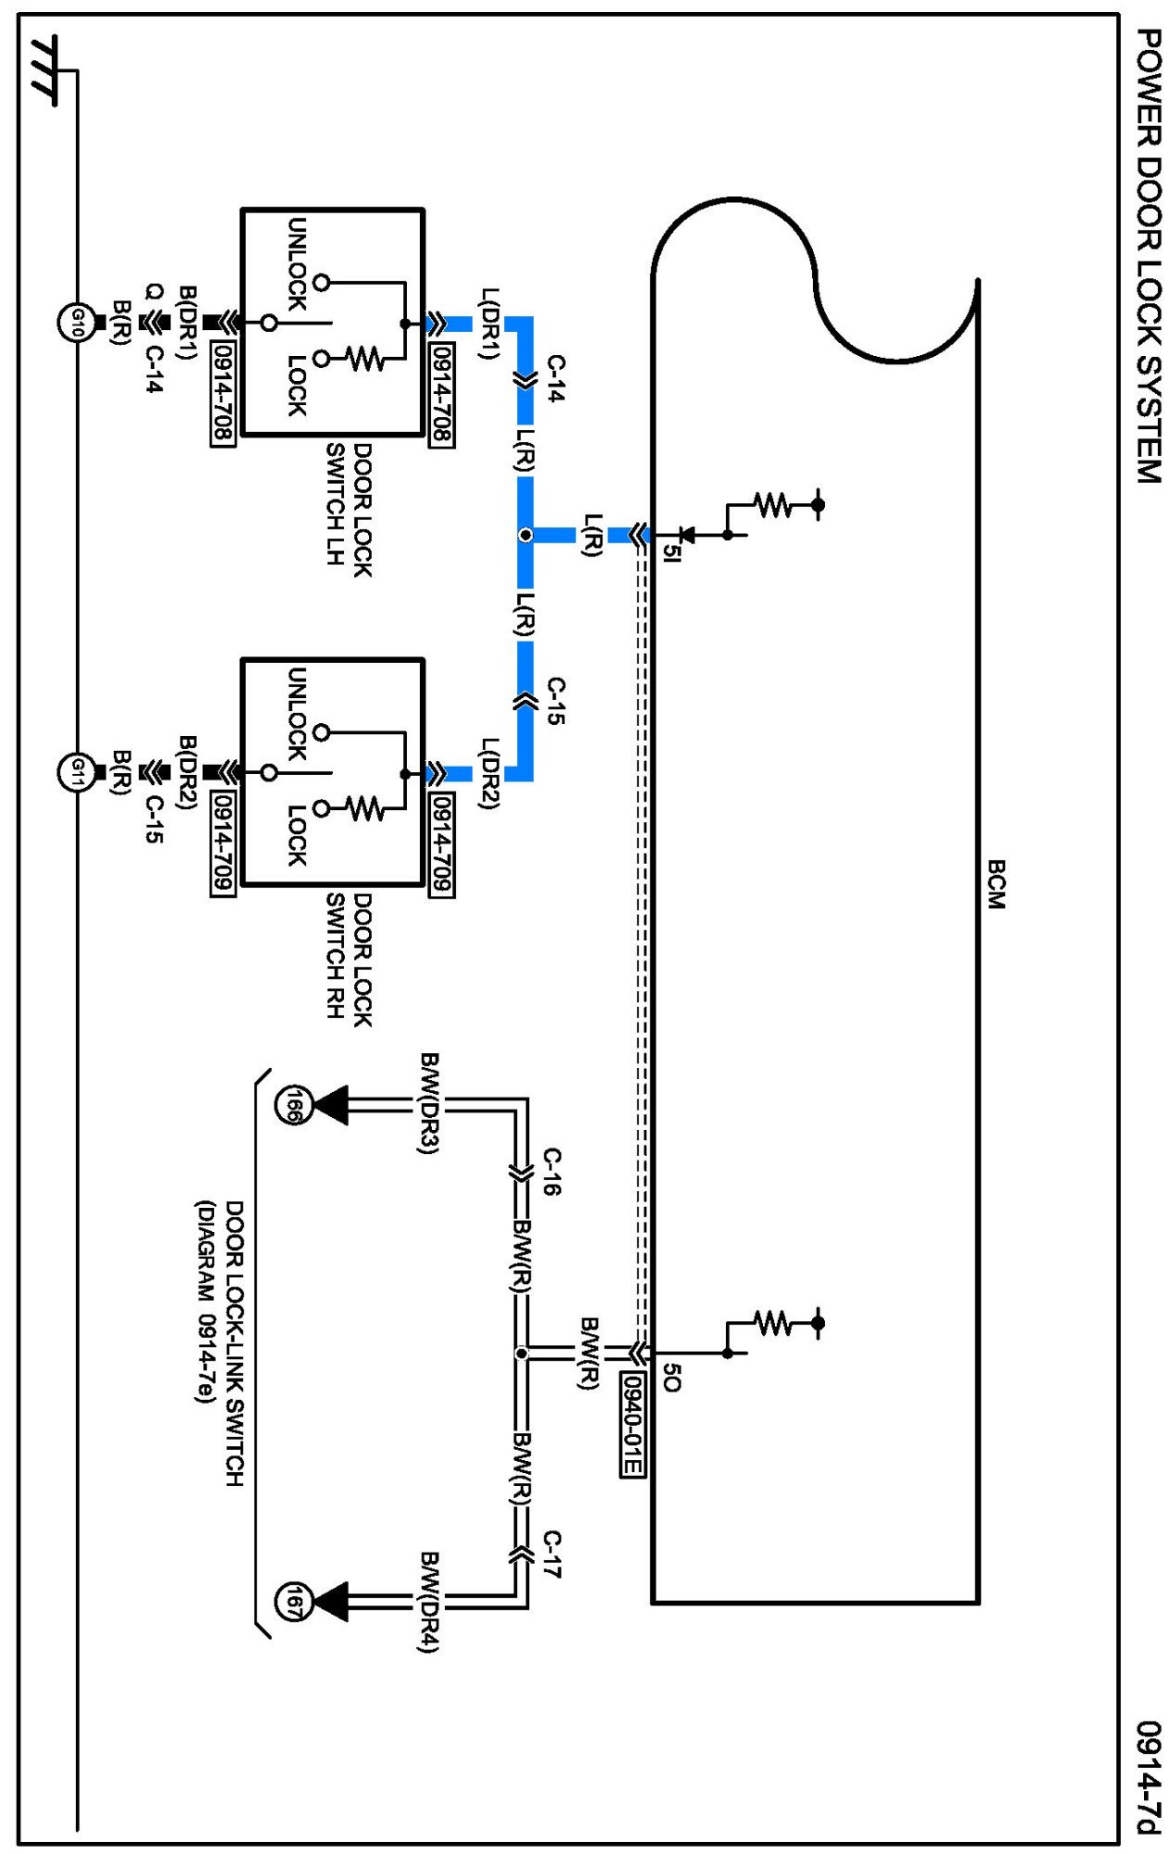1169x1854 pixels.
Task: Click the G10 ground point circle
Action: click(77, 323)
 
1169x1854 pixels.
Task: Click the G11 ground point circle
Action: click(77, 772)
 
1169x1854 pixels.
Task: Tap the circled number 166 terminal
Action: click(292, 1105)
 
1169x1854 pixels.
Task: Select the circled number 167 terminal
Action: click(292, 1602)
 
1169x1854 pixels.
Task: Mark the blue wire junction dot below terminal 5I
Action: click(526, 535)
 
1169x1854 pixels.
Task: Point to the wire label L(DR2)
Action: click(489, 774)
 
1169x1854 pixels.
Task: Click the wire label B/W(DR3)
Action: click(428, 1103)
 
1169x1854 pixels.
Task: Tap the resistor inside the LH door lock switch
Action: click(366, 358)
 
